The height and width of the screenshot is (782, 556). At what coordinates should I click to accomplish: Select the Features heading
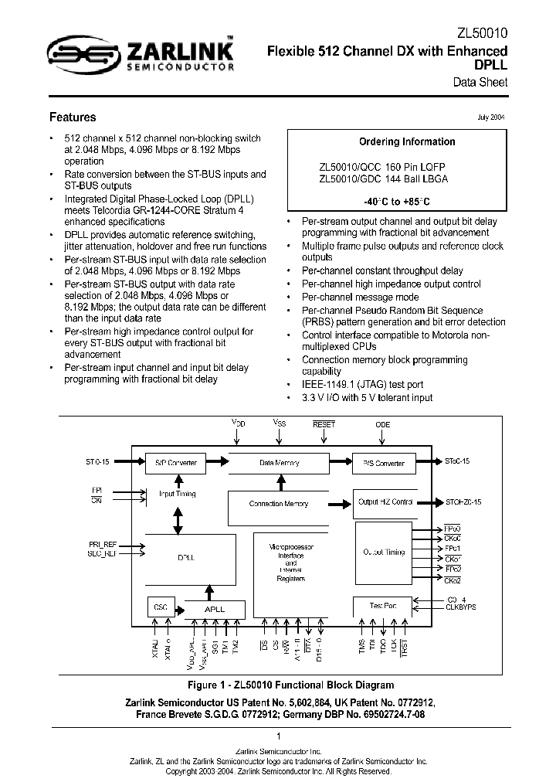pyautogui.click(x=73, y=117)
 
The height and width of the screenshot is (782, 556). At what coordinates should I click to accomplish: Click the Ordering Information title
pyautogui.click(x=407, y=141)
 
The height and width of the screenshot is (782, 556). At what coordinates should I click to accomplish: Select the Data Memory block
pyautogui.click(x=279, y=463)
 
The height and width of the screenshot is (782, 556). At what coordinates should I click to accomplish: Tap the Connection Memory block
pyautogui.click(x=279, y=504)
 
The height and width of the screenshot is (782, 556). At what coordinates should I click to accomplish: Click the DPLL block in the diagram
pyautogui.click(x=187, y=556)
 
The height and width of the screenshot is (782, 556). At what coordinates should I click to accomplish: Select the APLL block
pyautogui.click(x=214, y=609)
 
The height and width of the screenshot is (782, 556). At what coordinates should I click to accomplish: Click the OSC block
pyautogui.click(x=161, y=607)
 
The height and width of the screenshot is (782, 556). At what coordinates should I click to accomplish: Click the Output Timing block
pyautogui.click(x=384, y=552)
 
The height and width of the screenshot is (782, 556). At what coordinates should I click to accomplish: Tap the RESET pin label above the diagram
pyautogui.click(x=324, y=423)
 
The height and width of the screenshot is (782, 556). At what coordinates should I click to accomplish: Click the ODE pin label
pyautogui.click(x=383, y=424)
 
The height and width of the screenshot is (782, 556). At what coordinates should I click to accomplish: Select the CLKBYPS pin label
pyautogui.click(x=462, y=607)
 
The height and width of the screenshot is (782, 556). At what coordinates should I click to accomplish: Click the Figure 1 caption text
pyautogui.click(x=279, y=685)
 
